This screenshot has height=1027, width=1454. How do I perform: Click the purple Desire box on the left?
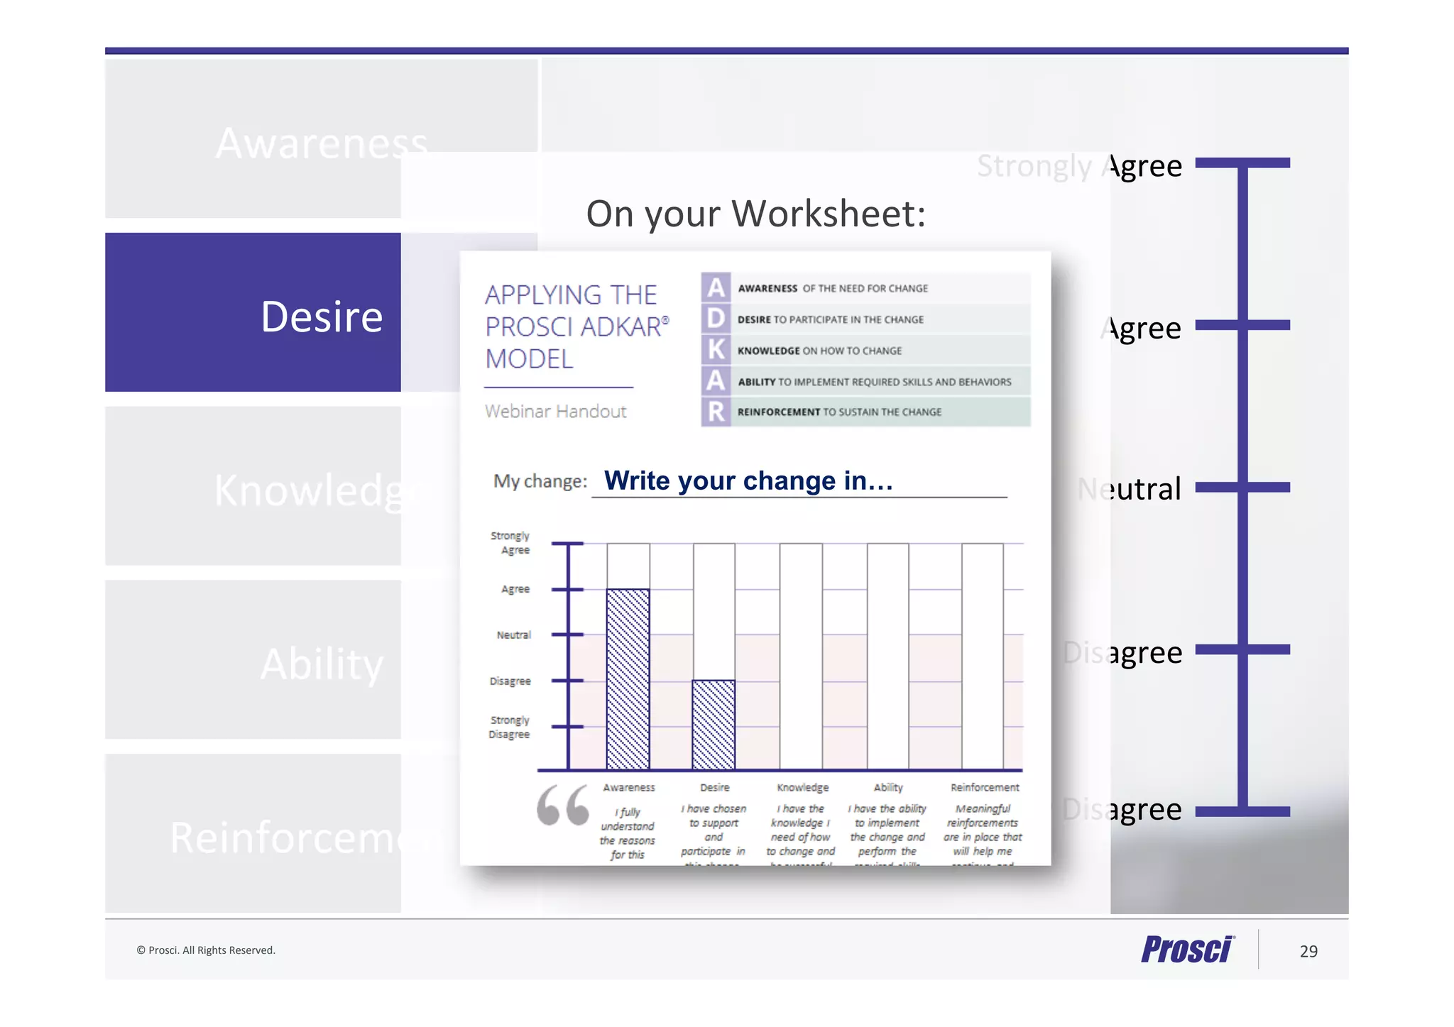[x=253, y=312]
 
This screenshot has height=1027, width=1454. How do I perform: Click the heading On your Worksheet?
[x=755, y=214]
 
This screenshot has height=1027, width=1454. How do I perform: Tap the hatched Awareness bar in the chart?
[x=628, y=679]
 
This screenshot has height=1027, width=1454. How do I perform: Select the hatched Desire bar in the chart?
[x=714, y=725]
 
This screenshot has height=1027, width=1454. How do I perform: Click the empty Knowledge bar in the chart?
[x=801, y=656]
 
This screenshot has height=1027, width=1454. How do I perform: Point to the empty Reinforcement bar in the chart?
[x=983, y=656]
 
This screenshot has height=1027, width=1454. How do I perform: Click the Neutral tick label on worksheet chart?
[x=513, y=635]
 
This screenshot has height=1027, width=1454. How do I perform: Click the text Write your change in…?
[x=748, y=480]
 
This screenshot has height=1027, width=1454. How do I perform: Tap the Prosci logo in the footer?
[x=1187, y=949]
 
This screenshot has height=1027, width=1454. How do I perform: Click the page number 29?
[x=1308, y=951]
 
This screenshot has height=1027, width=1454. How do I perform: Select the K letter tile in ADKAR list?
[x=716, y=350]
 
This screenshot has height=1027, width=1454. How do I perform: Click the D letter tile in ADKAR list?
[x=716, y=319]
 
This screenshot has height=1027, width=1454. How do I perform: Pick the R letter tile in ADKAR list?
[x=716, y=412]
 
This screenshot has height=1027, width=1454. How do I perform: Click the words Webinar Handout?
[x=555, y=412]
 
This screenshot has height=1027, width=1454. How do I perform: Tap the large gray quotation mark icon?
[x=563, y=806]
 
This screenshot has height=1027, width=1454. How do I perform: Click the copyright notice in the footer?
[x=206, y=950]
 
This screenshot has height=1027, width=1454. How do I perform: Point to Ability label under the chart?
[x=888, y=788]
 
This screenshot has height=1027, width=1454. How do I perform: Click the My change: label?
[x=540, y=481]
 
